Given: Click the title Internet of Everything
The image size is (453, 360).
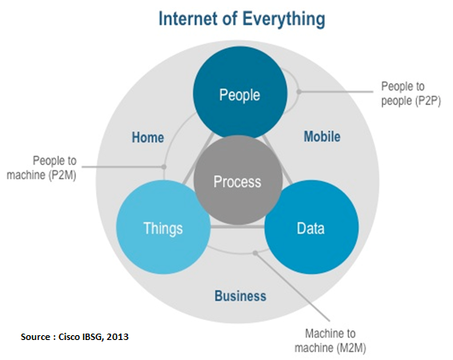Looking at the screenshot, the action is pyautogui.click(x=242, y=19).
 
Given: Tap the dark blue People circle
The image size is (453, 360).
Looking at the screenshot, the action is pyautogui.click(x=240, y=93).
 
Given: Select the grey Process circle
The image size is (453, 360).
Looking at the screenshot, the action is pyautogui.click(x=238, y=180).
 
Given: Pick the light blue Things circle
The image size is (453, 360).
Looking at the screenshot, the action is pyautogui.click(x=163, y=227).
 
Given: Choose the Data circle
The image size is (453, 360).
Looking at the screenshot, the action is pyautogui.click(x=311, y=227).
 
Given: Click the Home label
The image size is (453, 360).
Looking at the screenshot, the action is pyautogui.click(x=148, y=138).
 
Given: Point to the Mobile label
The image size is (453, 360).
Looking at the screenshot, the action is pyautogui.click(x=322, y=136).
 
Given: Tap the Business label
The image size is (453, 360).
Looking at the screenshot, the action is pyautogui.click(x=240, y=296).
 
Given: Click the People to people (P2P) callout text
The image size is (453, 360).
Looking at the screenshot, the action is pyautogui.click(x=411, y=94).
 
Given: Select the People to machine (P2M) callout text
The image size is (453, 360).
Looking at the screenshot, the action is pyautogui.click(x=42, y=168).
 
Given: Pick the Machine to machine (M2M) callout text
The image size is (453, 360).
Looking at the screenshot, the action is pyautogui.click(x=331, y=341).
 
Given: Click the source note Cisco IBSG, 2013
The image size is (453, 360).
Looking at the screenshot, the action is pyautogui.click(x=74, y=337).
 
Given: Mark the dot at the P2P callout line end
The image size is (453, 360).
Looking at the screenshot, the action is pyautogui.click(x=299, y=92).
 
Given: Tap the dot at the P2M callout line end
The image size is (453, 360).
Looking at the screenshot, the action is pyautogui.click(x=164, y=167).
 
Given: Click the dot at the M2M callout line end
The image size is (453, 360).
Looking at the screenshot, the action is pyautogui.click(x=255, y=253).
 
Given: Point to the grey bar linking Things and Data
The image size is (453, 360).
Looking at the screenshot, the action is pyautogui.click(x=238, y=227).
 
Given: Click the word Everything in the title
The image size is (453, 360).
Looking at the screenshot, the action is pyautogui.click(x=283, y=19).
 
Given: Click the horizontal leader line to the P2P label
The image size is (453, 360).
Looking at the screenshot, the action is pyautogui.click(x=336, y=92).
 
